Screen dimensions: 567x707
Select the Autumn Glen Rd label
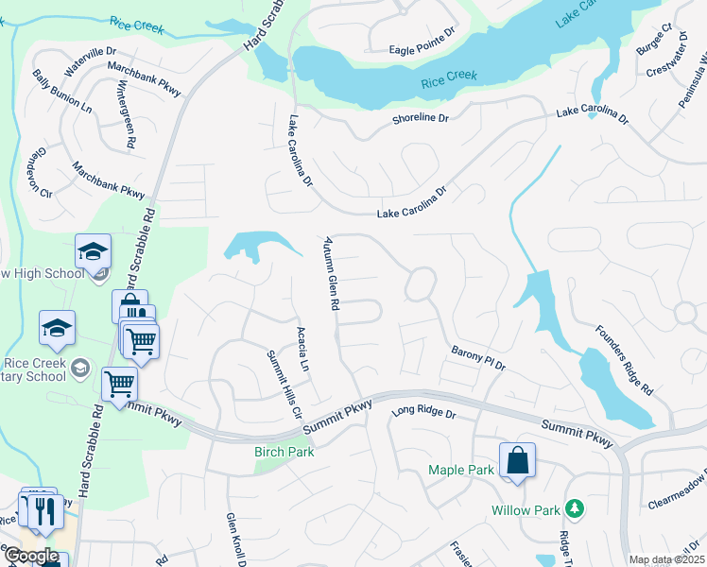[332, 274]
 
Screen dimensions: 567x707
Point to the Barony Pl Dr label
[478, 358]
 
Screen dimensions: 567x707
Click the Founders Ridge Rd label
[624, 360]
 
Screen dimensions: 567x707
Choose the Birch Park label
[285, 452]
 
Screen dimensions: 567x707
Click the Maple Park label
[461, 470]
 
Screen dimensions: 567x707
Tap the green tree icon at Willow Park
[572, 508]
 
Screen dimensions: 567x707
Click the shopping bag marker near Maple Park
[517, 462]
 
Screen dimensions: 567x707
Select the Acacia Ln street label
[302, 350]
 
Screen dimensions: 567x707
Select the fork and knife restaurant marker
[45, 510]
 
